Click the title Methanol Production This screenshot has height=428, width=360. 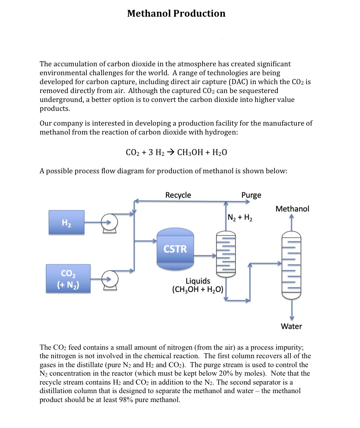click(x=176, y=14)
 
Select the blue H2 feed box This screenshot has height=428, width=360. click(x=66, y=222)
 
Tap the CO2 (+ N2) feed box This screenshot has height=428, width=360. click(x=68, y=278)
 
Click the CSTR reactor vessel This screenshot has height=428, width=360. click(x=175, y=249)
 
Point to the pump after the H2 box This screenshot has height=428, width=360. click(x=109, y=223)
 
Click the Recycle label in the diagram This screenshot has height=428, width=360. click(x=178, y=195)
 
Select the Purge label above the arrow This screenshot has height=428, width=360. click(x=251, y=195)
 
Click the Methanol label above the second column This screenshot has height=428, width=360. click(x=292, y=209)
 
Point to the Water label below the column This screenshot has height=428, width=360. click(x=291, y=326)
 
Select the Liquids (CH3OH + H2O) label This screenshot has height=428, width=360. click(x=198, y=285)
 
